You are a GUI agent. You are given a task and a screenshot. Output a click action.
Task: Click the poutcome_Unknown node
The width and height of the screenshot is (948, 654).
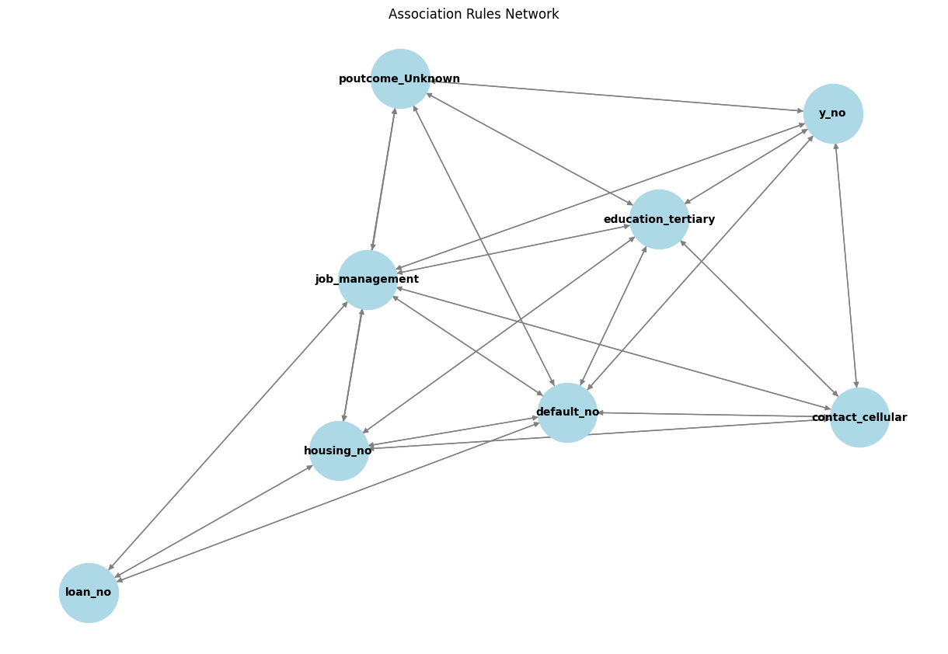[x=400, y=78]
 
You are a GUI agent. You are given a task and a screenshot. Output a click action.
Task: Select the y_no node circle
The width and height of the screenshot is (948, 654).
[x=833, y=113]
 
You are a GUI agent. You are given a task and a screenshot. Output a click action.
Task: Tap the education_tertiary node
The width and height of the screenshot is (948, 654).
[x=659, y=219]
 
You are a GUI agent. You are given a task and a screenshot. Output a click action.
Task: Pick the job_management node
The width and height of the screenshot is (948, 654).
[x=368, y=280]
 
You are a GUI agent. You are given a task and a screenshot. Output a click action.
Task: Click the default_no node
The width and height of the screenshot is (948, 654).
[x=567, y=412]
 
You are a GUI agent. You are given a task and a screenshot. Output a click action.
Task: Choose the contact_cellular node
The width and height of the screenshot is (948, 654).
[x=859, y=418]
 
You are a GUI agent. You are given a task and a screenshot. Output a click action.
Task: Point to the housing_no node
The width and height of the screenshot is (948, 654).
[x=339, y=450]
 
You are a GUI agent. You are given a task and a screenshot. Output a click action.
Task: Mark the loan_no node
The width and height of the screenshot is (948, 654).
[x=89, y=593]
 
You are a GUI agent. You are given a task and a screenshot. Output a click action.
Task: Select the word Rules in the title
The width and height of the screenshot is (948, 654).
[x=482, y=14]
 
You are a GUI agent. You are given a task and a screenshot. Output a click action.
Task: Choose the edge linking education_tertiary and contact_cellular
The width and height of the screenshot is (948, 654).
[x=759, y=318]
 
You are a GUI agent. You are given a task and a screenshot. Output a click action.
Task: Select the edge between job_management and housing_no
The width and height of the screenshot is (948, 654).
[x=354, y=365]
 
